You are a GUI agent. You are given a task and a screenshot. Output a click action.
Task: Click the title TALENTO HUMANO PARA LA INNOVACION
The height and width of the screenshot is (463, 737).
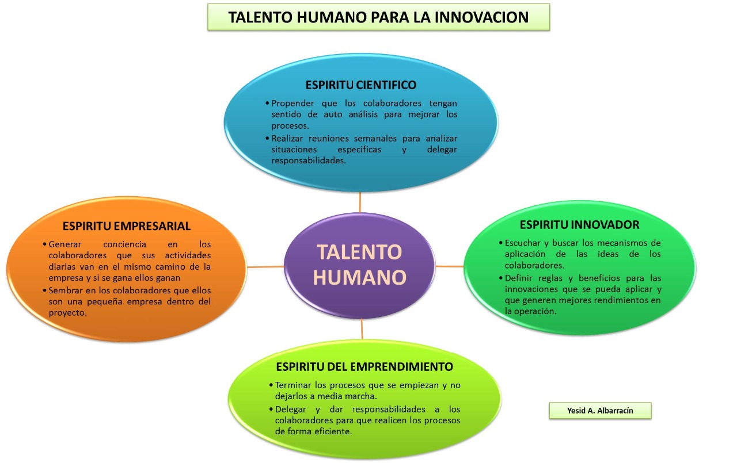(x=378, y=17)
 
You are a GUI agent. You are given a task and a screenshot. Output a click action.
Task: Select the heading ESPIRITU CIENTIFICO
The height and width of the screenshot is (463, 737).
(x=361, y=85)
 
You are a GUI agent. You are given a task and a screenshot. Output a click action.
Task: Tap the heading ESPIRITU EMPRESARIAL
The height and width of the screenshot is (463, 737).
(x=127, y=226)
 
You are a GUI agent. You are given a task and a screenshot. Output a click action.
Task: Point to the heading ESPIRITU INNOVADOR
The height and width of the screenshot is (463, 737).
(x=579, y=225)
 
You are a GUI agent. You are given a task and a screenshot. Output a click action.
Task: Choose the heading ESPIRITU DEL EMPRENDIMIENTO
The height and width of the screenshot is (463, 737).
(x=364, y=367)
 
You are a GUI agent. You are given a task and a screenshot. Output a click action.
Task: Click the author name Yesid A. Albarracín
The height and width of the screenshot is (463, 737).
(x=600, y=411)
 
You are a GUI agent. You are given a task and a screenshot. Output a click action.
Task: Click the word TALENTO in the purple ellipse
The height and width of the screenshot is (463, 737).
(x=360, y=252)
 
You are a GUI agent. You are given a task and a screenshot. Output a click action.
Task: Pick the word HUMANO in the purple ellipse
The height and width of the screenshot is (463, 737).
(x=360, y=277)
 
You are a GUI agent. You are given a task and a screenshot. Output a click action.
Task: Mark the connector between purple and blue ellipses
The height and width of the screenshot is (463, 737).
(x=360, y=202)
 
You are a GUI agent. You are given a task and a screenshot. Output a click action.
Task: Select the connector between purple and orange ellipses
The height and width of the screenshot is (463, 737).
(x=265, y=267)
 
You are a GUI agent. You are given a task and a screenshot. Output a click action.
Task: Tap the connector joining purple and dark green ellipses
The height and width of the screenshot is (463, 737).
(x=450, y=266)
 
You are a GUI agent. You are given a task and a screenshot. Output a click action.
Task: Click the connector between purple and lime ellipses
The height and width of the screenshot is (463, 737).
(x=362, y=329)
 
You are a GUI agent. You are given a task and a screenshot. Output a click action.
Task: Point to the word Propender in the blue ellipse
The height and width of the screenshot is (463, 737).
(x=292, y=104)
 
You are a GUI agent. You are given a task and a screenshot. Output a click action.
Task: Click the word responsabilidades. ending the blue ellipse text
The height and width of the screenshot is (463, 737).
(x=309, y=160)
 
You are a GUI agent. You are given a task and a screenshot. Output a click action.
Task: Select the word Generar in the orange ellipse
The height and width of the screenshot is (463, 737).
(x=65, y=244)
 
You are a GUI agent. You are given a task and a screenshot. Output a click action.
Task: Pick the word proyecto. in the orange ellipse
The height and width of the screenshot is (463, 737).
(x=68, y=313)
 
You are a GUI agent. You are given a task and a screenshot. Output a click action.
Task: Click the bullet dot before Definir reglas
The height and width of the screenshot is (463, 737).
(x=501, y=278)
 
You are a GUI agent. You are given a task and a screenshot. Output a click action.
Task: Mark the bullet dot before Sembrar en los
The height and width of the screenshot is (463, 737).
(x=44, y=290)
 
